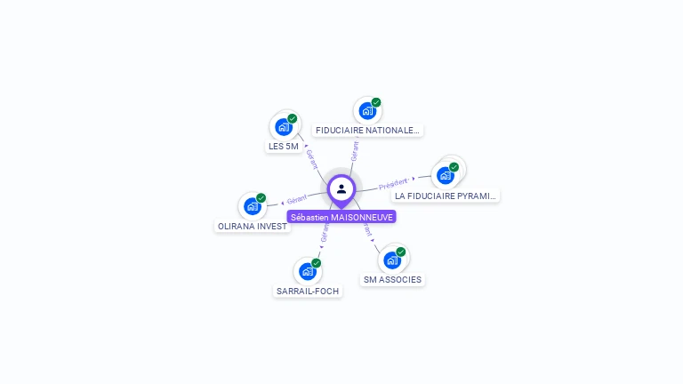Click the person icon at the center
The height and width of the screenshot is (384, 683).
(341, 188)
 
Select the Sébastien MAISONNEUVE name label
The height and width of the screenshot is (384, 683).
(341, 217)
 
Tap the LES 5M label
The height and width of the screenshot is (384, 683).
(283, 147)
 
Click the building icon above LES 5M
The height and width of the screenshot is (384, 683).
(283, 126)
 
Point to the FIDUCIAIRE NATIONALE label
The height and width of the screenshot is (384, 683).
(367, 131)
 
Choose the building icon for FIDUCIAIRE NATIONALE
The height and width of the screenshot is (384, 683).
(366, 111)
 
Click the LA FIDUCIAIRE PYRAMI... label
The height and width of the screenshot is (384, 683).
(446, 196)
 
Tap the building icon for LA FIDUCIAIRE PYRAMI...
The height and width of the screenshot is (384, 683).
(446, 175)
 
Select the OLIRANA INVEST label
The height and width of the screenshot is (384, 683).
(253, 227)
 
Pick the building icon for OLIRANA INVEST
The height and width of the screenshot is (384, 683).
(253, 206)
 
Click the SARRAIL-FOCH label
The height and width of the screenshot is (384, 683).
(308, 291)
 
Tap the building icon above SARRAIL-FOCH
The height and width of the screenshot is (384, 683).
(308, 270)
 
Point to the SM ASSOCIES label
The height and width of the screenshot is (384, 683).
(392, 280)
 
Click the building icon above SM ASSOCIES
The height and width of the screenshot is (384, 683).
(391, 260)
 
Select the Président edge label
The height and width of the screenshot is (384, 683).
(393, 184)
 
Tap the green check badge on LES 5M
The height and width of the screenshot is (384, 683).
(292, 118)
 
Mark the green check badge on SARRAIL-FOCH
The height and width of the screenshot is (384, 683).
(316, 263)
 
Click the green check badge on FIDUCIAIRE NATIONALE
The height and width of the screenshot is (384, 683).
(376, 103)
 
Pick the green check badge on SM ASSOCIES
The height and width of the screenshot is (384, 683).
(400, 252)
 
